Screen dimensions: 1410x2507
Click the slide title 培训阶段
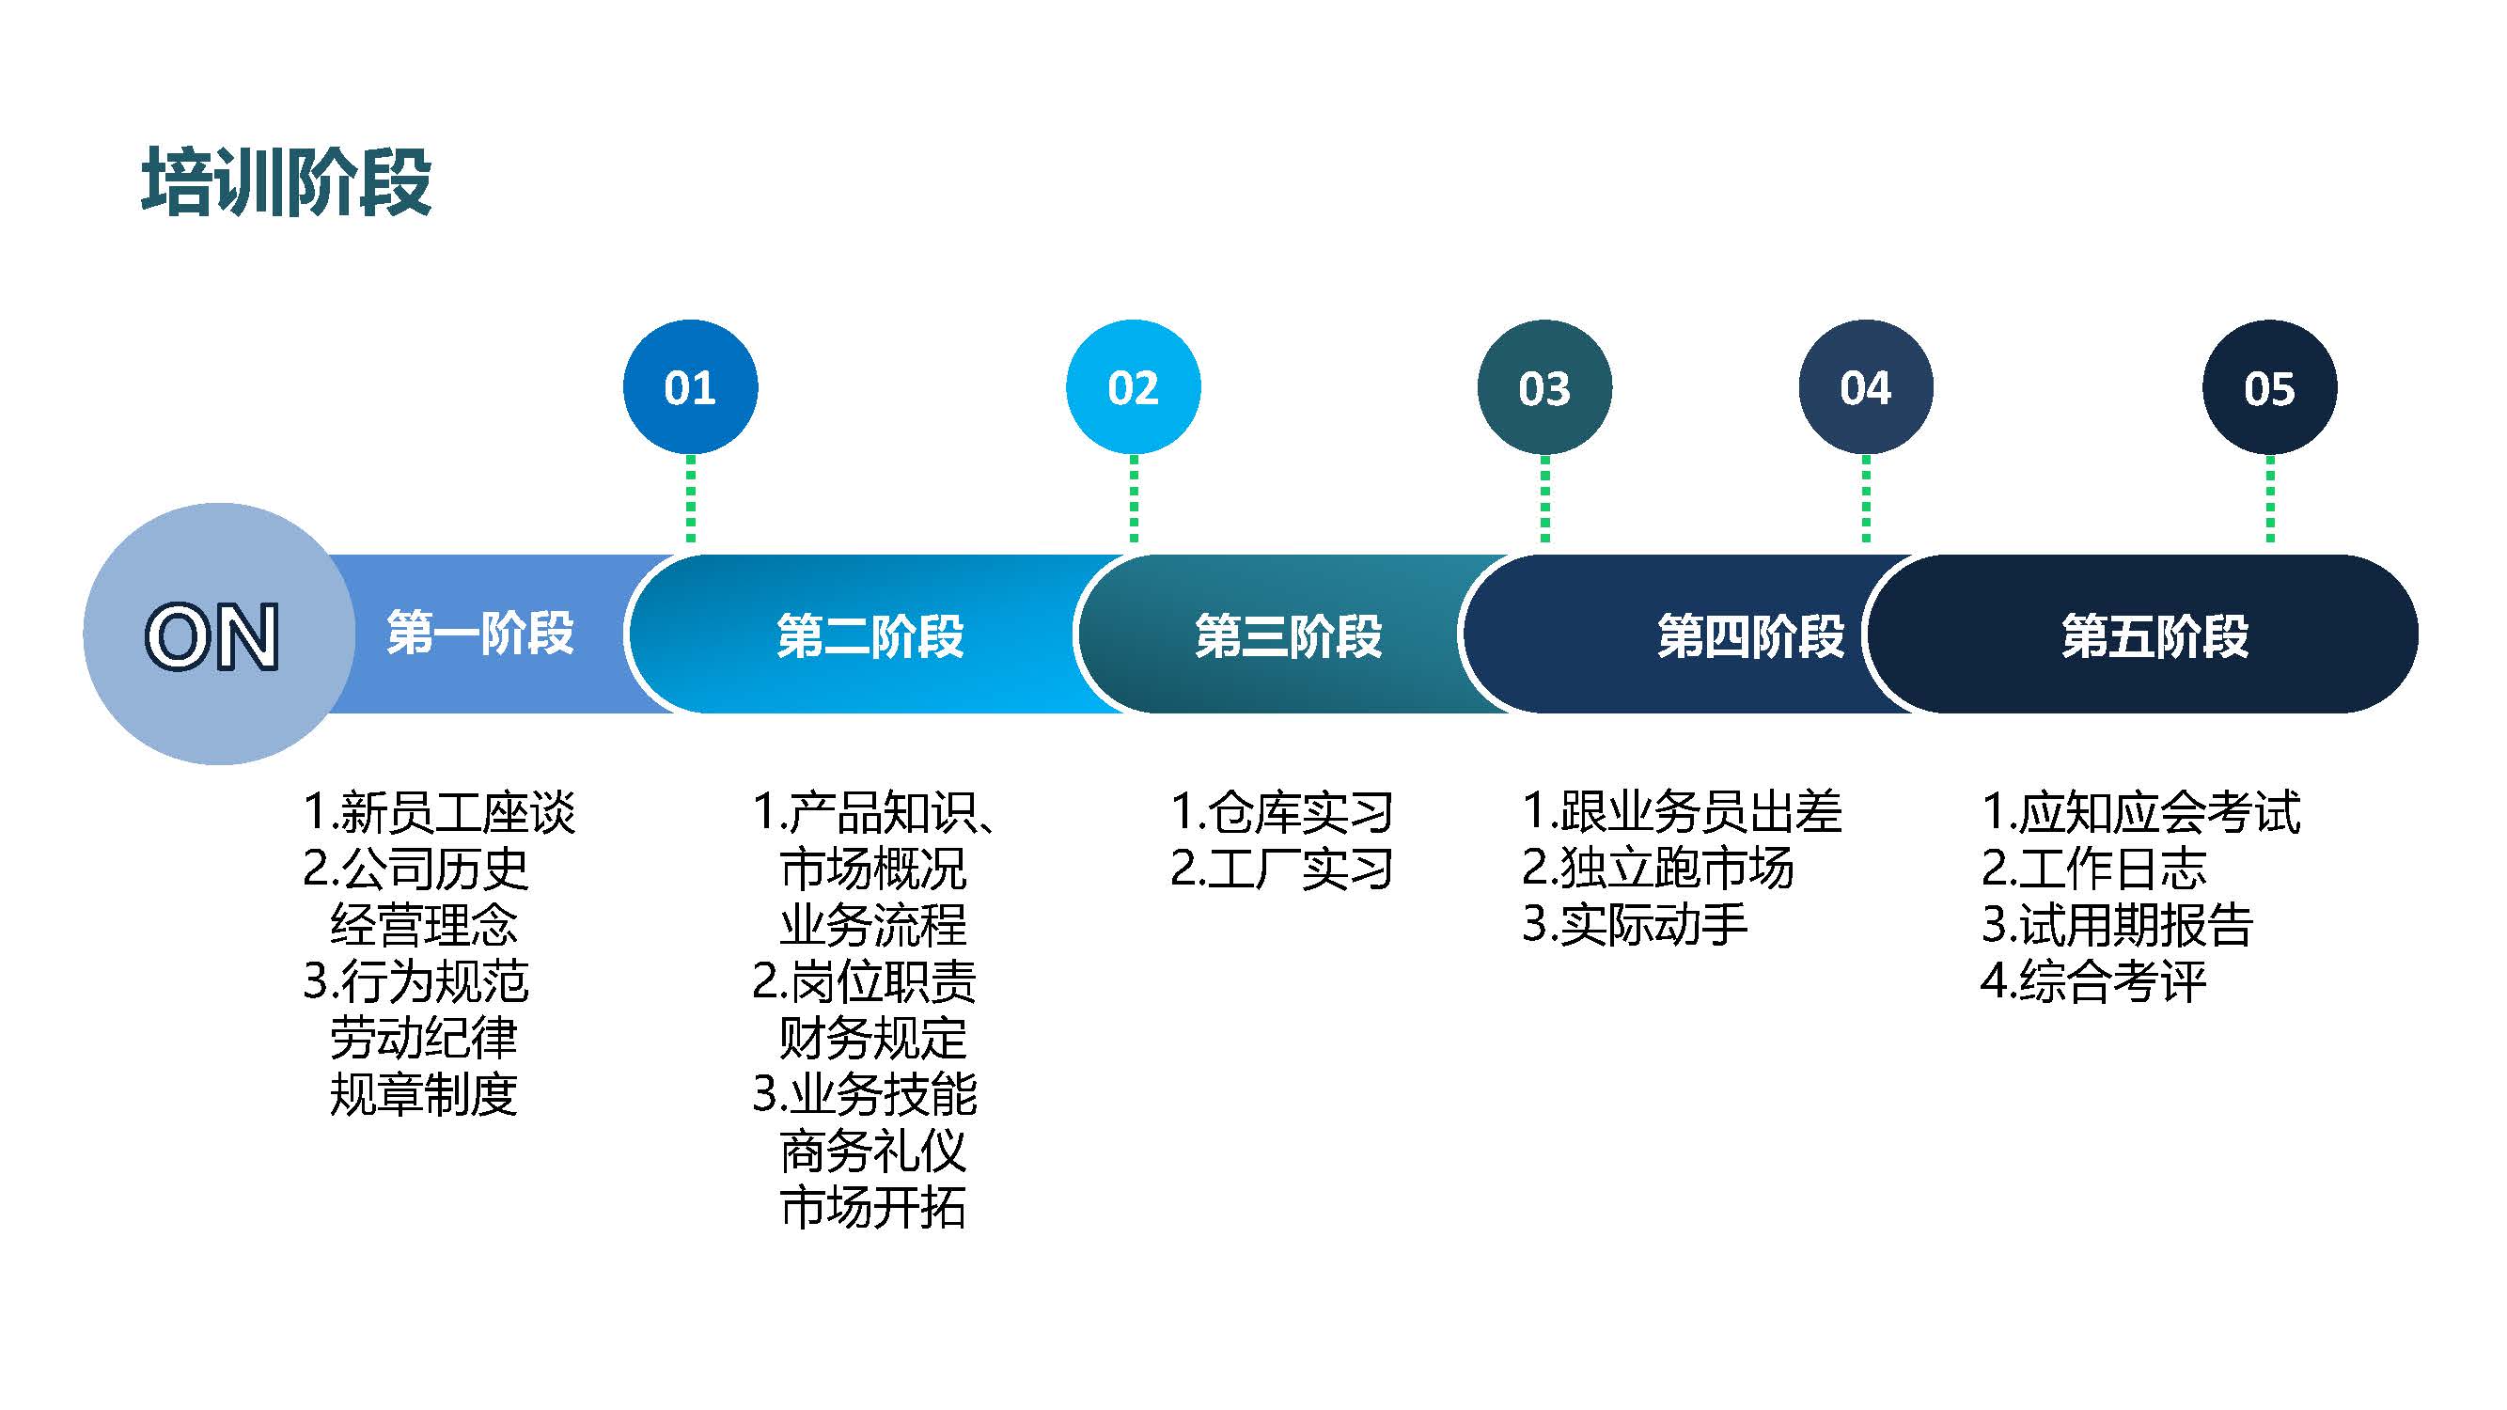tap(286, 182)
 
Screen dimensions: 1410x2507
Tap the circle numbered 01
tap(690, 387)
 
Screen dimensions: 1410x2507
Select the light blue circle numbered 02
tap(1133, 387)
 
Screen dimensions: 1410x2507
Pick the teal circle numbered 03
tap(1543, 387)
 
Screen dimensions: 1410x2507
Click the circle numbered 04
tap(1866, 387)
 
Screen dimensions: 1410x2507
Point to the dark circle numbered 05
tap(2268, 387)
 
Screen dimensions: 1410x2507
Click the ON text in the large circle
tap(212, 637)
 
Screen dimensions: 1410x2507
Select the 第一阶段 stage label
tap(479, 634)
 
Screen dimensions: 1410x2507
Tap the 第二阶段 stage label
tap(870, 636)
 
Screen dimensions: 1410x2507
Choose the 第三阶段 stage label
tap(1289, 636)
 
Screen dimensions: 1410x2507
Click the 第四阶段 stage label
tap(1751, 636)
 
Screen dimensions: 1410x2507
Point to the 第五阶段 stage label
tap(2154, 636)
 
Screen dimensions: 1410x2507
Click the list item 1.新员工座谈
tap(439, 812)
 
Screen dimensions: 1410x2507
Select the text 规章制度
tap(423, 1095)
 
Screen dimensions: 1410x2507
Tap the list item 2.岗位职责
tap(864, 982)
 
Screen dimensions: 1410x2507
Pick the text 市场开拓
tap(873, 1208)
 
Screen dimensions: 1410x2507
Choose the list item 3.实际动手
tap(1635, 924)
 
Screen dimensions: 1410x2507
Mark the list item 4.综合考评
tap(2093, 980)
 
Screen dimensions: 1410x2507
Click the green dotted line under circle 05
tap(2269, 499)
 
